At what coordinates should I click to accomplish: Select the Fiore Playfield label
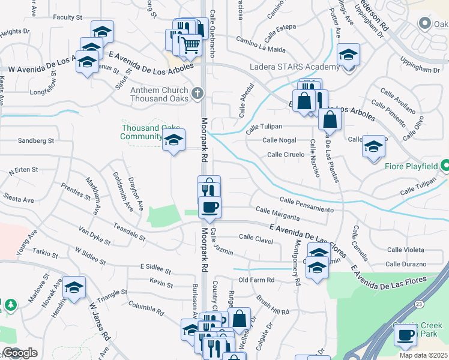[414, 165]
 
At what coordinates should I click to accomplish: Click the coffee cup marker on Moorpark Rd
[209, 208]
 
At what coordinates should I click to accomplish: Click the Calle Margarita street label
[277, 212]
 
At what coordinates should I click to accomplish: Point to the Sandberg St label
[36, 140]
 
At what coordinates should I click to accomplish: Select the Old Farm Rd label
[256, 280]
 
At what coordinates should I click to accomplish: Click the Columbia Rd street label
[146, 308]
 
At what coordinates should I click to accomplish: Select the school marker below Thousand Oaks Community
[173, 140]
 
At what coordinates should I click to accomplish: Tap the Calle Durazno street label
[406, 264]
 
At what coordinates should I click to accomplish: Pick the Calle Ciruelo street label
[286, 154]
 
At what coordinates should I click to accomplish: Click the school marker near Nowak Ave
[74, 289]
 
